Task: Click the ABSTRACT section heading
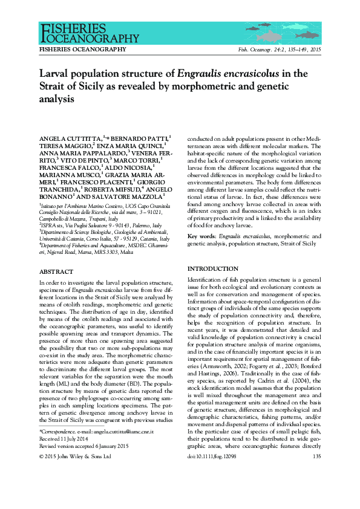(56, 273)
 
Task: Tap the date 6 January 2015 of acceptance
(109, 446)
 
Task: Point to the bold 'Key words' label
(201, 235)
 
